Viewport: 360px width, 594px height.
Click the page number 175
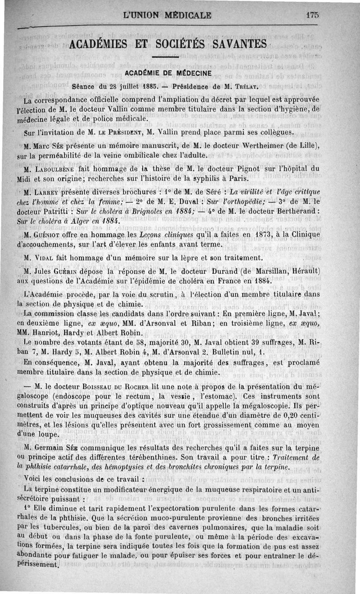(x=311, y=15)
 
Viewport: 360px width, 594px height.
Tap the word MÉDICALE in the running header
(x=188, y=15)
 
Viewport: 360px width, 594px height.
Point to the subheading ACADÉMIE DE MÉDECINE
(x=168, y=73)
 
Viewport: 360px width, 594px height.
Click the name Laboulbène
(x=53, y=170)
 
